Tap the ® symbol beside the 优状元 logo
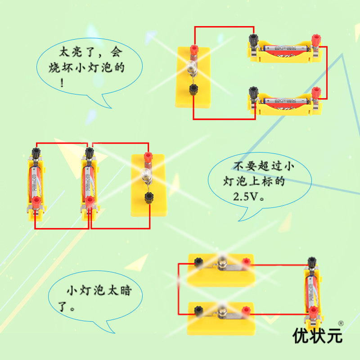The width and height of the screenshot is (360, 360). (x=341, y=323)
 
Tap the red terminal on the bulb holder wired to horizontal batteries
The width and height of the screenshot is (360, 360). (x=194, y=49)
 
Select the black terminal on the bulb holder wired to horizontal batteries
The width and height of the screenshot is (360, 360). (x=193, y=89)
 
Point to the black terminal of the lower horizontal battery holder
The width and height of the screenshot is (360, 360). (x=253, y=94)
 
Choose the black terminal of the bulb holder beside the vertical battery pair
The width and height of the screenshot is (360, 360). (x=148, y=197)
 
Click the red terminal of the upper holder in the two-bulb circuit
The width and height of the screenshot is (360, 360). (x=246, y=262)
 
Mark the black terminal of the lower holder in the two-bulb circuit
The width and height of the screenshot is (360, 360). (x=198, y=310)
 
